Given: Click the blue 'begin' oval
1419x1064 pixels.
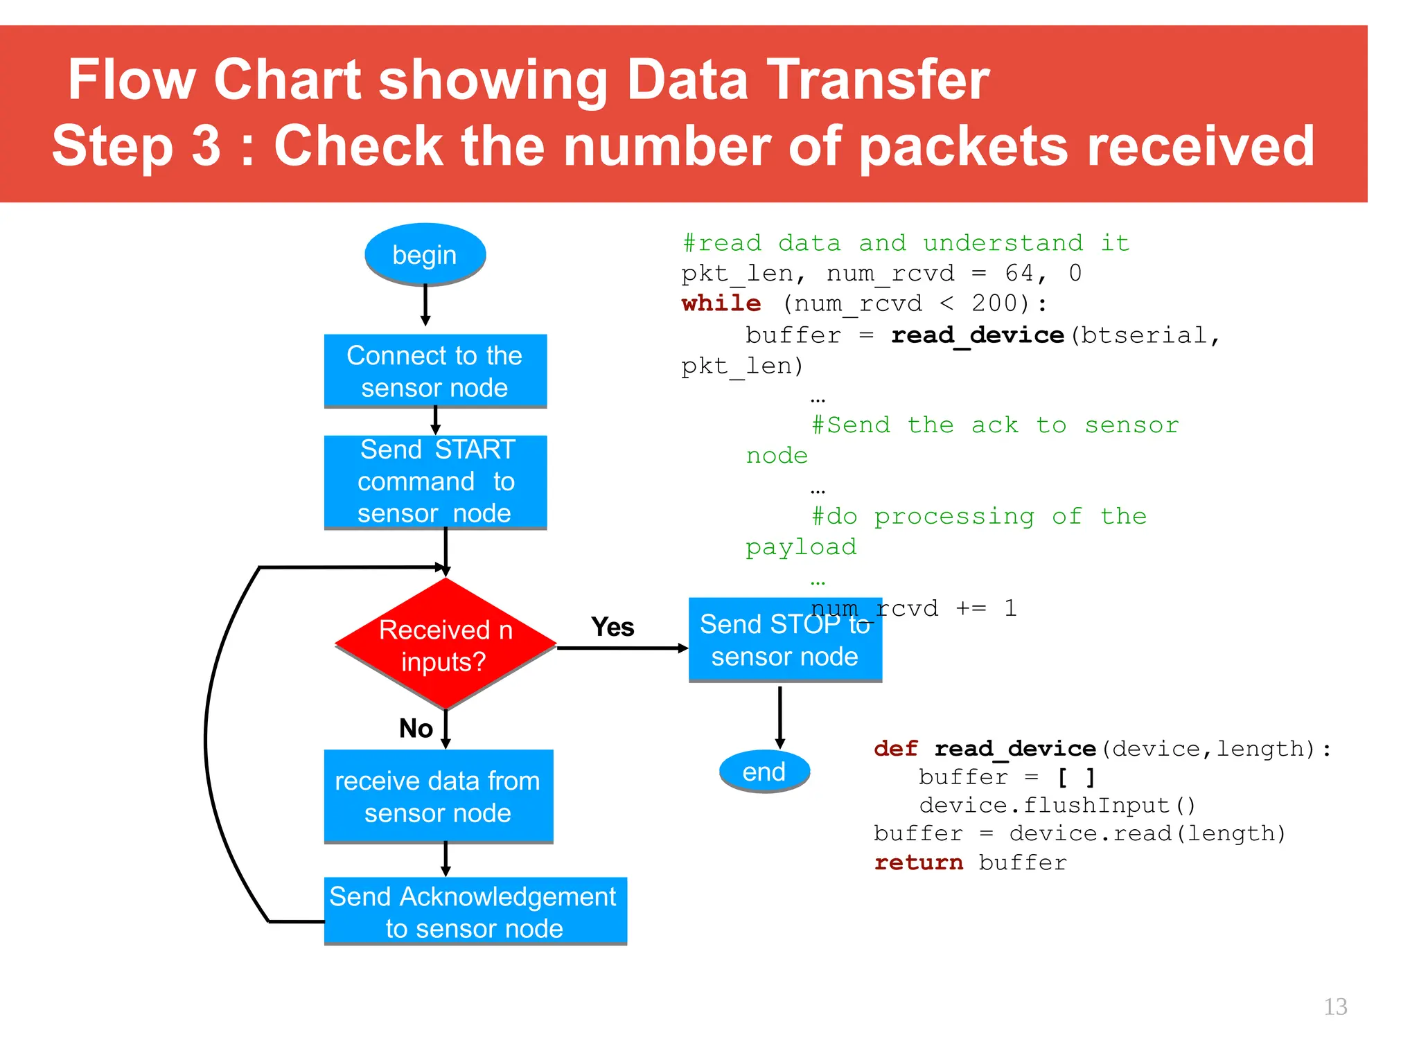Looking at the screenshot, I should [425, 254].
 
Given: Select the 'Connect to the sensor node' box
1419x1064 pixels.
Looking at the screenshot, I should [435, 371].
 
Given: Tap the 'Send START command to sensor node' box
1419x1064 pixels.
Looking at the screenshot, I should [435, 481].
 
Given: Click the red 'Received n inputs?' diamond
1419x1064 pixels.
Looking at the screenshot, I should [446, 644].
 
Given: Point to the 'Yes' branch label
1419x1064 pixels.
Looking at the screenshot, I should [612, 627].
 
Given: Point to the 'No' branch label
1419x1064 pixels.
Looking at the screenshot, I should [416, 728].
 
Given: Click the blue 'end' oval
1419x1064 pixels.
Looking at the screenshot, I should [764, 771].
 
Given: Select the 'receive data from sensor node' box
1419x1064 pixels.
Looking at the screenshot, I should [438, 796].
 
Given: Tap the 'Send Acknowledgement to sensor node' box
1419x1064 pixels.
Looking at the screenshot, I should [475, 911].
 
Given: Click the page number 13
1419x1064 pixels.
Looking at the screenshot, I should [1335, 1007].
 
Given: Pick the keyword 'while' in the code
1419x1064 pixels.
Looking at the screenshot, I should [721, 303].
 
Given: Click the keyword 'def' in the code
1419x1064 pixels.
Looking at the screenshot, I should [895, 748].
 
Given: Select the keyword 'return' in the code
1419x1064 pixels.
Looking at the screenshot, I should [918, 862].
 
